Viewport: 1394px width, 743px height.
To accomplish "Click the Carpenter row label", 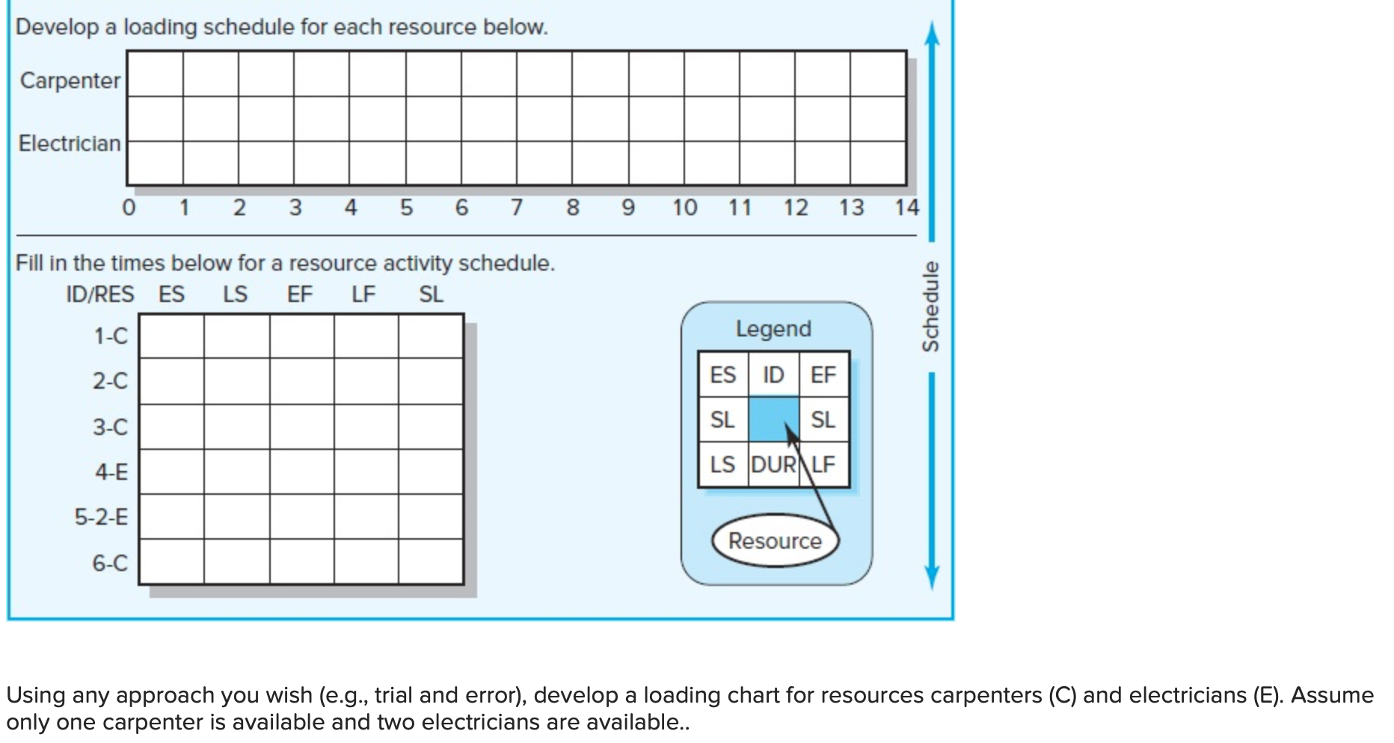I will click(x=70, y=80).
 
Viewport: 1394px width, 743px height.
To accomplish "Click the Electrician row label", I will click(x=70, y=143).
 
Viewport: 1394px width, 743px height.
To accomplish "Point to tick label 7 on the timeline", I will click(x=516, y=207).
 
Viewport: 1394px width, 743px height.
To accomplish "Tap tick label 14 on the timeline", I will click(x=906, y=207).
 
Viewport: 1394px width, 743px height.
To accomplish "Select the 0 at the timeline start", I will click(x=129, y=207).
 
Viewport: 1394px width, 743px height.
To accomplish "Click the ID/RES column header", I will click(x=99, y=295).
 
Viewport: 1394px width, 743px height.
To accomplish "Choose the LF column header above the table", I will click(x=363, y=295).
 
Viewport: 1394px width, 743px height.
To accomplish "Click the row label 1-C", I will click(x=111, y=336).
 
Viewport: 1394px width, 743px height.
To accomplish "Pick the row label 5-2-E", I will click(x=101, y=517).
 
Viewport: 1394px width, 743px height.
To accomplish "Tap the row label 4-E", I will click(x=111, y=472).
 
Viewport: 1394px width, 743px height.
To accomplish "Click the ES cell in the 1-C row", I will click(x=172, y=336).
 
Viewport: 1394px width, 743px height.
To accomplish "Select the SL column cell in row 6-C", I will click(x=431, y=561).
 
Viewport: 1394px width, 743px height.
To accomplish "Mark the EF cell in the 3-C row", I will click(x=301, y=427).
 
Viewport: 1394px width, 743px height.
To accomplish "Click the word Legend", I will click(x=773, y=329).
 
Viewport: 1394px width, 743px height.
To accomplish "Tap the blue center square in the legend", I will click(x=773, y=419).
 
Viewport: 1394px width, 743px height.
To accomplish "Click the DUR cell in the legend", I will click(x=773, y=465).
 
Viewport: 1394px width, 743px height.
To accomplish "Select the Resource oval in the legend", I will click(x=775, y=540).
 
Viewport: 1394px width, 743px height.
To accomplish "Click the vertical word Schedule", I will click(x=930, y=306).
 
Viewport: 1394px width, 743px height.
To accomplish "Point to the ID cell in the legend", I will click(x=773, y=374).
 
